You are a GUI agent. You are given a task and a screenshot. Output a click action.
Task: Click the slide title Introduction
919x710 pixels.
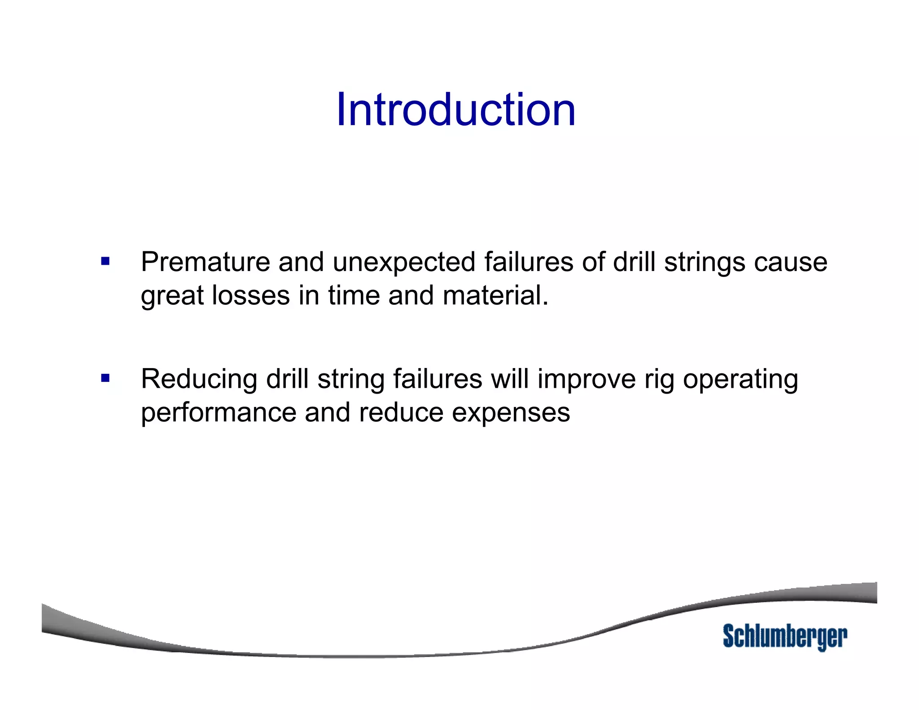[x=455, y=110]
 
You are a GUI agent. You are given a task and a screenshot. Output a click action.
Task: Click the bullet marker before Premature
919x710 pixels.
[x=105, y=261]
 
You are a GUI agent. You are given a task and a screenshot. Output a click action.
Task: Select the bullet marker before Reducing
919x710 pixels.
[x=105, y=378]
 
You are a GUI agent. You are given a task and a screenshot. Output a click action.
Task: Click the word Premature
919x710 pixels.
[x=205, y=262]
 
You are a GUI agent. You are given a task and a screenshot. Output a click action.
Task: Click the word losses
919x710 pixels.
[x=251, y=296]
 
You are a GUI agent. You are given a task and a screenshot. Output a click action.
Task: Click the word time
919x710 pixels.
[x=354, y=296]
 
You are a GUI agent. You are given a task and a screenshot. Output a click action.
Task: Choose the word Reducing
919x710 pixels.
[x=199, y=379]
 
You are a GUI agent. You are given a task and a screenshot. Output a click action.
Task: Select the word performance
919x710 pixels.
[x=219, y=413]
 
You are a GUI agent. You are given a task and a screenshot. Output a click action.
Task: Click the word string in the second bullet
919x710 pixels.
[x=350, y=379]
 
